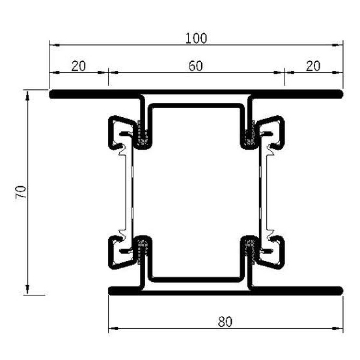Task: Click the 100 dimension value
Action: (195, 38)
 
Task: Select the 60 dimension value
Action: (196, 66)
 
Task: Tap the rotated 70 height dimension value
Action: (21, 192)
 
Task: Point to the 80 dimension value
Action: (225, 320)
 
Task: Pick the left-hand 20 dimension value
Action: (79, 66)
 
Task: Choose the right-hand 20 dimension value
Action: (314, 66)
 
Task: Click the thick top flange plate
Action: (195, 94)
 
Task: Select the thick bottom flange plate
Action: (225, 289)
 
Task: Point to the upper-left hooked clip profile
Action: (117, 130)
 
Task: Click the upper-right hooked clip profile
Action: (276, 130)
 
